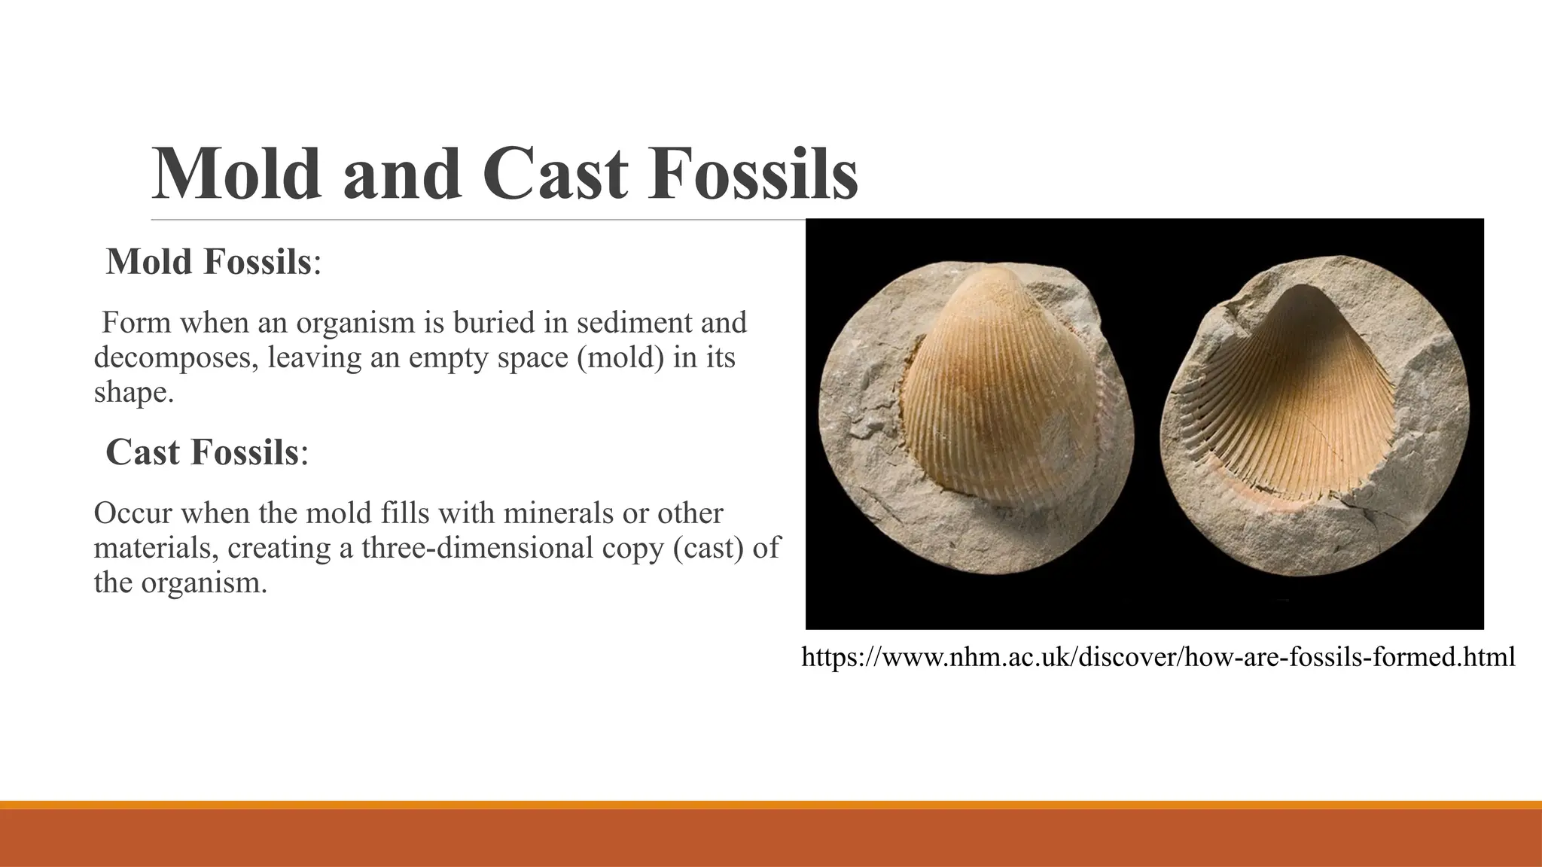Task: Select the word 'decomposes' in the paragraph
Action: click(x=175, y=357)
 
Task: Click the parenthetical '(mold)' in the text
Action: click(x=620, y=357)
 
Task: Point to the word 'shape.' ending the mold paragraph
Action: click(x=133, y=392)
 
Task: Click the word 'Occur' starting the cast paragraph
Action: click(x=132, y=513)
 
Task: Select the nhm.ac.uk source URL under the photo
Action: click(x=1158, y=657)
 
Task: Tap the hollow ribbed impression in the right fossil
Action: click(x=1295, y=406)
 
